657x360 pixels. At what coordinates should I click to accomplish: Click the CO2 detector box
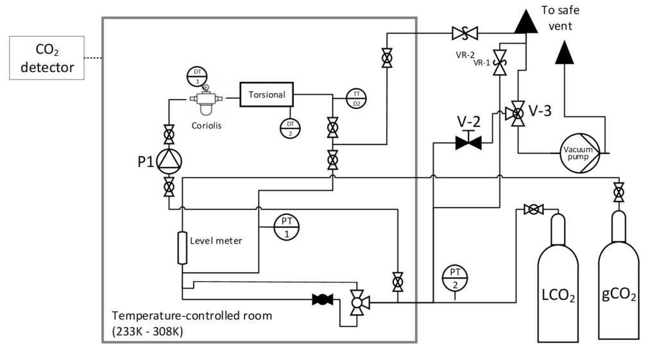47,58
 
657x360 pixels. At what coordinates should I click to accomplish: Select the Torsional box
266,94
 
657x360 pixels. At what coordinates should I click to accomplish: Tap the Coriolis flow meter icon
206,99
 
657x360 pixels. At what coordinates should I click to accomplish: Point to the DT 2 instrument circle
291,128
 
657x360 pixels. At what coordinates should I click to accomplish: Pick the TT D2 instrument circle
357,99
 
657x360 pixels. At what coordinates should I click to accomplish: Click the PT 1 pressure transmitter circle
287,227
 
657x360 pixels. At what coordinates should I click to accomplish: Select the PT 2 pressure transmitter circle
455,279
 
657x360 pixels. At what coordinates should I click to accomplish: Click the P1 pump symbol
169,162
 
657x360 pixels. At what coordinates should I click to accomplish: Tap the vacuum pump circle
580,153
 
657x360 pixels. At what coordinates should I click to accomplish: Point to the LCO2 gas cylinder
558,278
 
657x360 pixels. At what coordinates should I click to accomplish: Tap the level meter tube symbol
182,248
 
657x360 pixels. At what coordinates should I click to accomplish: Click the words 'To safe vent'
560,18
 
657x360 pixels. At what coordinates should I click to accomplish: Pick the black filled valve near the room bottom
323,300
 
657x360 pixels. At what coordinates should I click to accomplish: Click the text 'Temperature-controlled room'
192,316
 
